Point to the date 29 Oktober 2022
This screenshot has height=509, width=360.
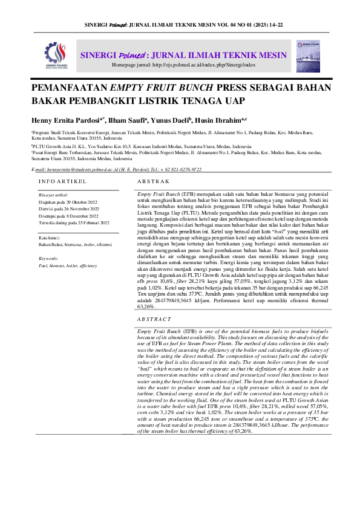point(81,201)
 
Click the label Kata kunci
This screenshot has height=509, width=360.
point(50,238)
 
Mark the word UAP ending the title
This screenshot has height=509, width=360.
point(236,101)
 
